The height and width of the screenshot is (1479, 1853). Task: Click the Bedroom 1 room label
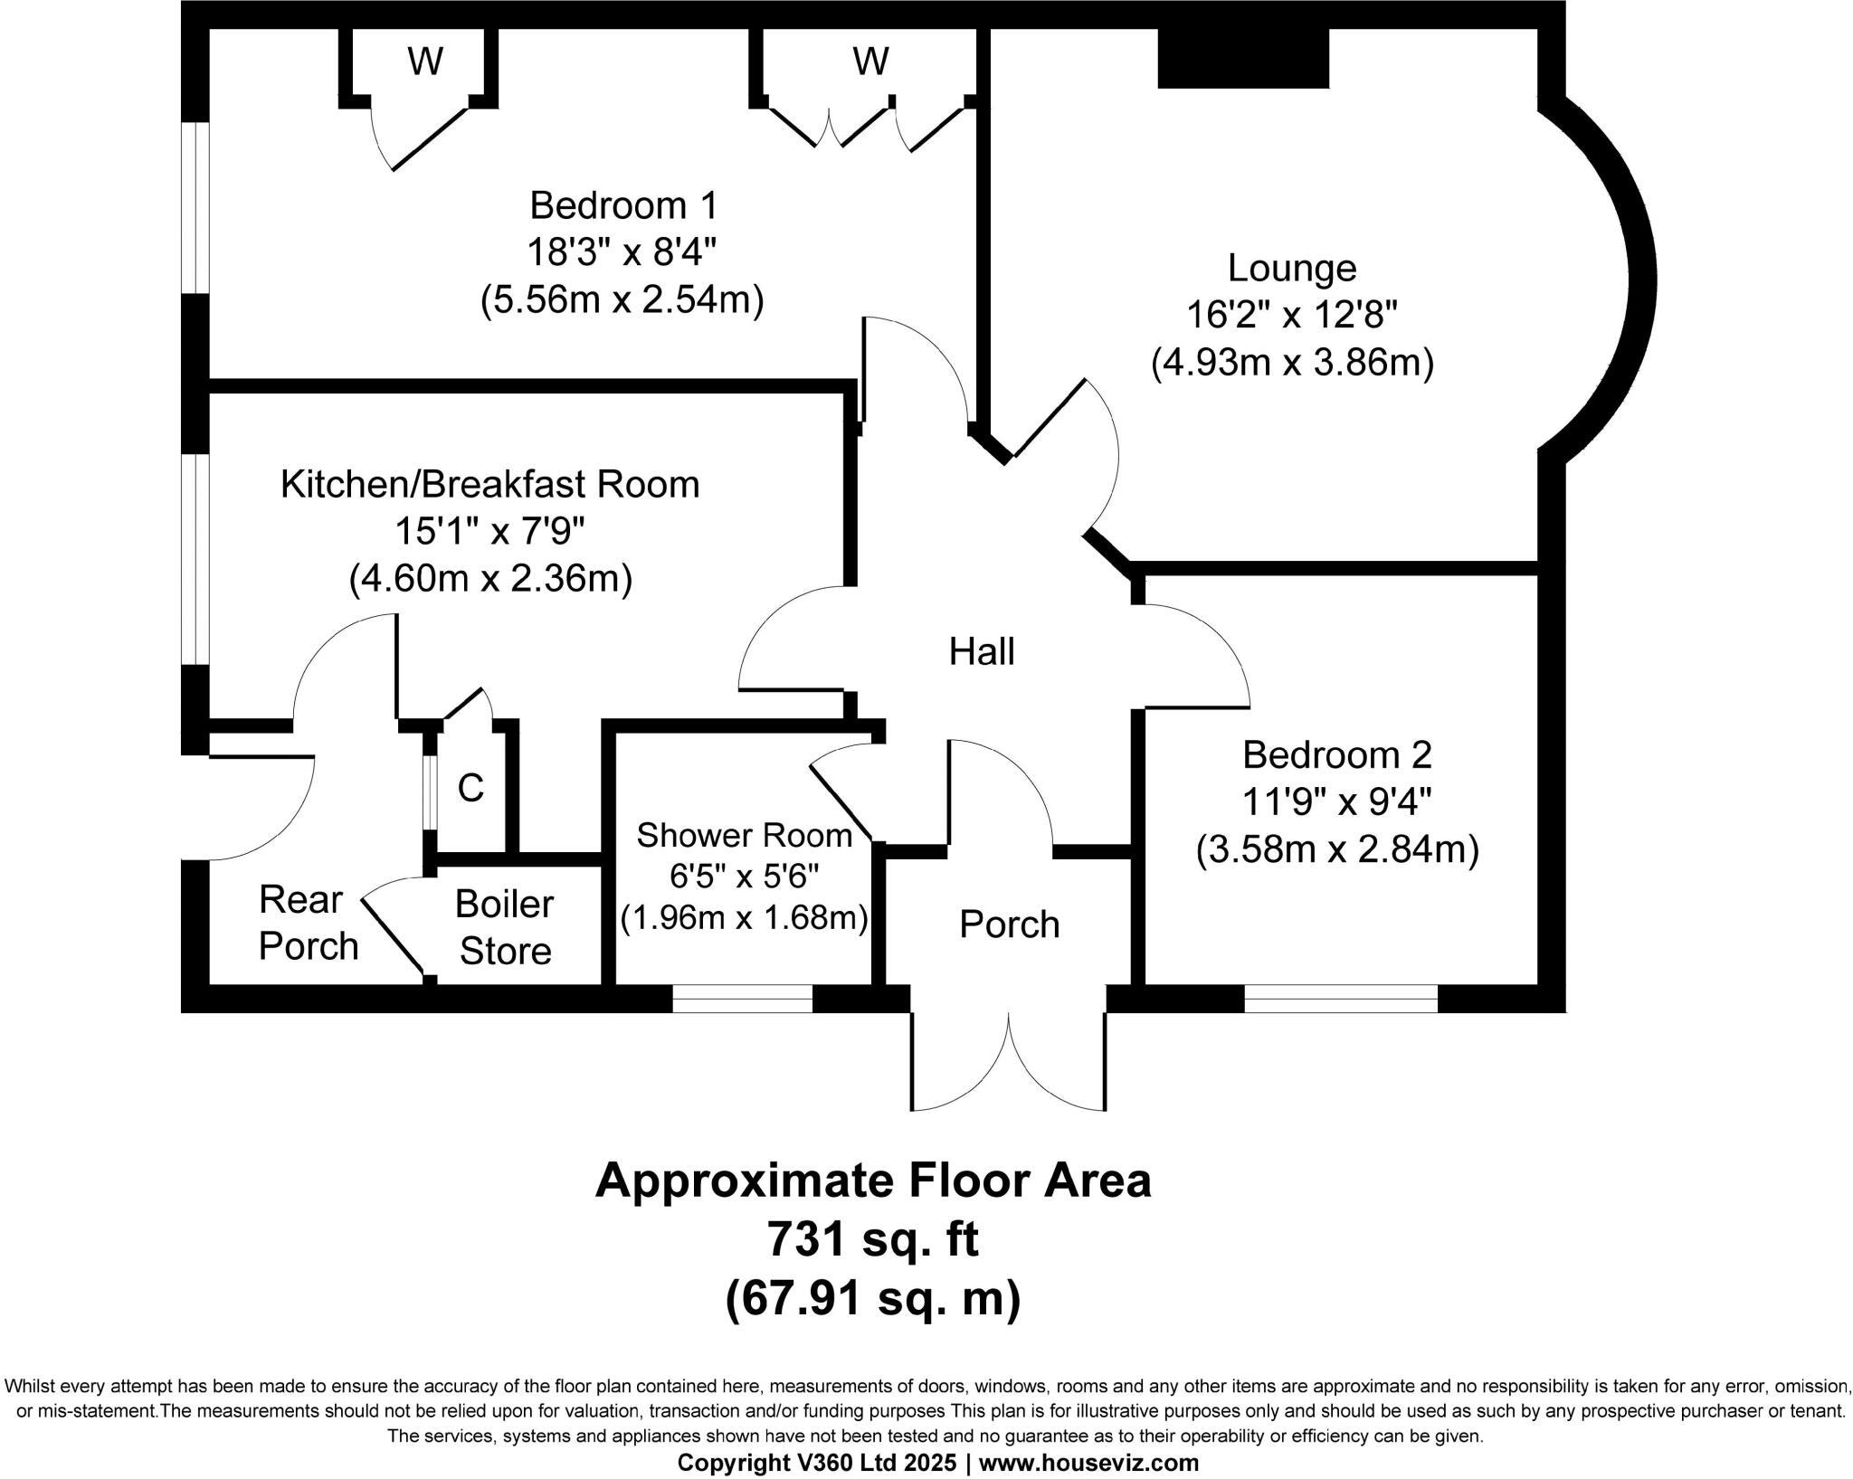pos(622,205)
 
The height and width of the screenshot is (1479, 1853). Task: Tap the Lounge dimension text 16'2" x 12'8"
pos(1292,316)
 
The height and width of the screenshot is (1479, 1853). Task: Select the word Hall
pos(982,651)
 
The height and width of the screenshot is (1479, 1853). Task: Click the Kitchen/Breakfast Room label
pos(489,485)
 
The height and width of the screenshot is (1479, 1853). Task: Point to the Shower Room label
pos(744,835)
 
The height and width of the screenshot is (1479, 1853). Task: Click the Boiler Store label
pos(505,927)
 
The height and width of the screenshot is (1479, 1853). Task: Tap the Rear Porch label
pos(308,923)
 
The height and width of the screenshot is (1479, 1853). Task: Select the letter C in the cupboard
pos(470,788)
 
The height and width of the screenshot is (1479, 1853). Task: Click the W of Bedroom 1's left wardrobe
pos(425,62)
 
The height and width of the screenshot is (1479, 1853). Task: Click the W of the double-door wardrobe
pos(870,62)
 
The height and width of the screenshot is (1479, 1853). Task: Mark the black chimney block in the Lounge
pos(1243,58)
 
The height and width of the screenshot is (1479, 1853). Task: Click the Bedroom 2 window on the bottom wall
pos(1340,999)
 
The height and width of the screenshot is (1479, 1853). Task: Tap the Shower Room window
pos(742,999)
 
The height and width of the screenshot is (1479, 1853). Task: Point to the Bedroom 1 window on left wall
pos(195,207)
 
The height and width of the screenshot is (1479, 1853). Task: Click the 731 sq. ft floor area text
pos(872,1239)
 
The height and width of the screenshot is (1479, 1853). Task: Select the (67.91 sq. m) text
pos(872,1300)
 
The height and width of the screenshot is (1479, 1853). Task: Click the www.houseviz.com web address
pos(1089,1463)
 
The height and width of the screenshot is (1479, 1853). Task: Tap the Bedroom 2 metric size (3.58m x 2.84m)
pos(1336,850)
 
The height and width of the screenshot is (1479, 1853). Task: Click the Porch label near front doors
pos(1009,924)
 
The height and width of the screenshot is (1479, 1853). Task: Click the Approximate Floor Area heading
pos(872,1180)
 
